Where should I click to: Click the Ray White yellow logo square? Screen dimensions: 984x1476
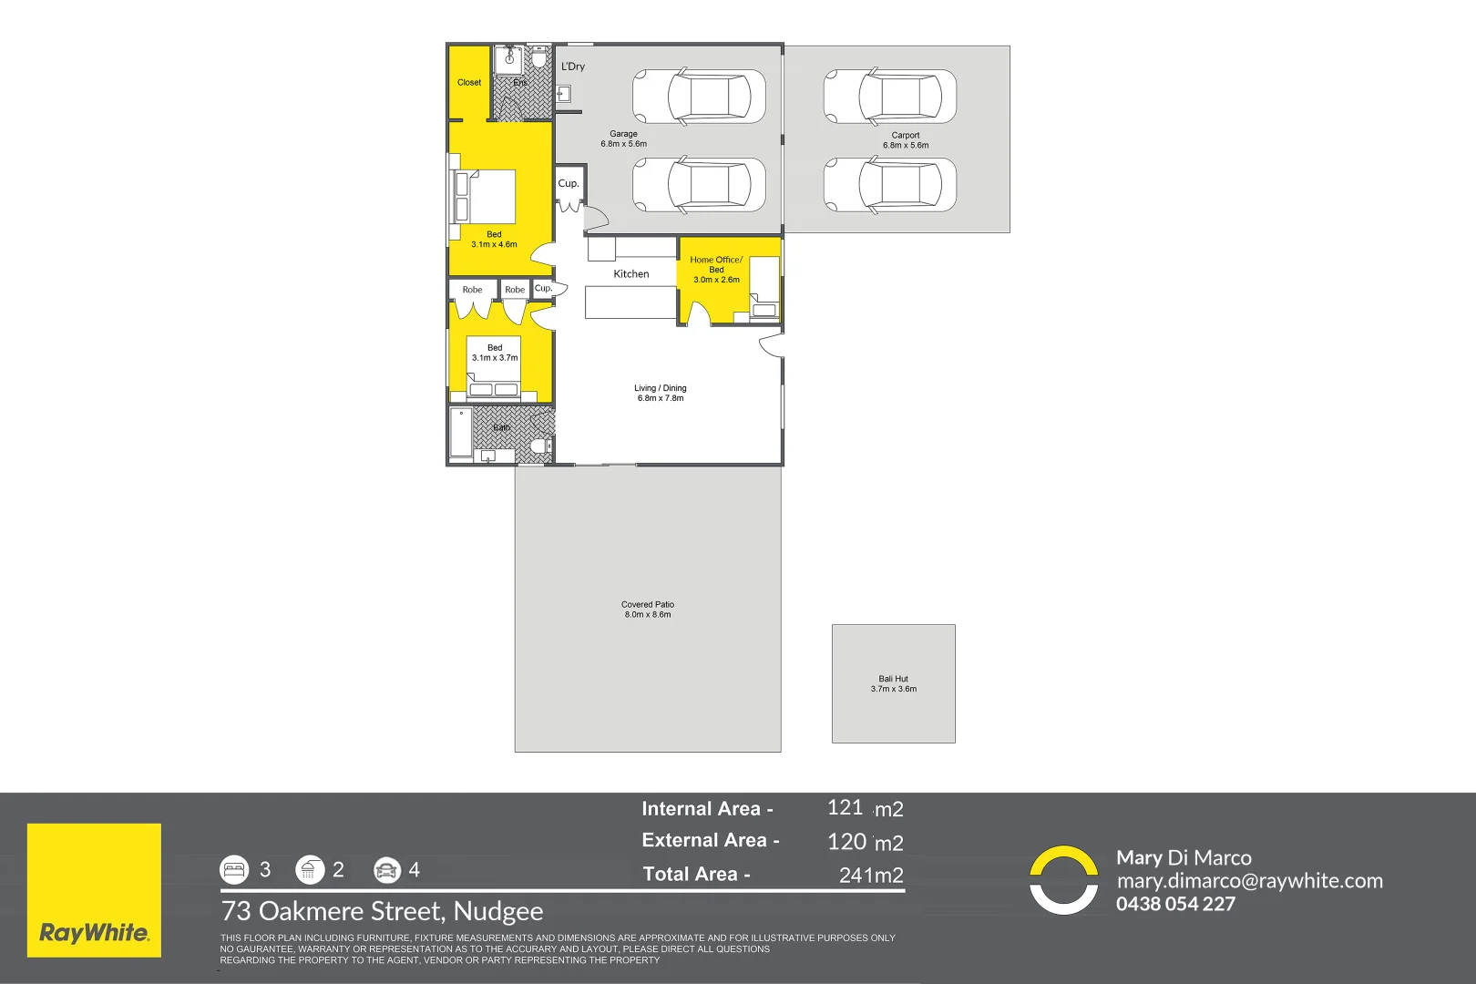[x=94, y=890]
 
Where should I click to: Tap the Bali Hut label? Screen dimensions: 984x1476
[x=893, y=679]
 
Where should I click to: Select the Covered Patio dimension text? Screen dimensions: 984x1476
[x=647, y=615]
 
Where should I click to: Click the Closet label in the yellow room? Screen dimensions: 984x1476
[x=469, y=83]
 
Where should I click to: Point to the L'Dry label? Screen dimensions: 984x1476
[x=573, y=67]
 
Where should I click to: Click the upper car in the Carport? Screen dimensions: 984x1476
[x=890, y=97]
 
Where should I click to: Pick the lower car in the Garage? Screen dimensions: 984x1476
[x=699, y=185]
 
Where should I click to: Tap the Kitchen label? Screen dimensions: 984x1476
[x=631, y=274]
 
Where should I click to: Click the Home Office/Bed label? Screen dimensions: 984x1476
[x=716, y=264]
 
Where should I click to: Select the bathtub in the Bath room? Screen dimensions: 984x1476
[x=461, y=433]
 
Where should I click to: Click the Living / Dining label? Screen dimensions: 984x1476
[x=661, y=388]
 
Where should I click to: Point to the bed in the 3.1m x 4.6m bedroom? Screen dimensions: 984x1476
[x=486, y=196]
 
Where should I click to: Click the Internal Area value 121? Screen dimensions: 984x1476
[x=845, y=807]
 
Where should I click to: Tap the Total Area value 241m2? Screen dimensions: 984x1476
[x=870, y=876]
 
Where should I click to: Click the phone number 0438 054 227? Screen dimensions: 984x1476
[x=1175, y=904]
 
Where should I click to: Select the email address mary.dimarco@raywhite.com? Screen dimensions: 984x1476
[x=1249, y=881]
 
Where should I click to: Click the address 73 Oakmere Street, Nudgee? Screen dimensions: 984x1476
[x=382, y=911]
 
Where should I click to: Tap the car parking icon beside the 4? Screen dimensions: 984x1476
[x=386, y=870]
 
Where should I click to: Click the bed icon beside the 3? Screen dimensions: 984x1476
[x=234, y=870]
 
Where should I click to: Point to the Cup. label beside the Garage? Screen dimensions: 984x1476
[x=569, y=183]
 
